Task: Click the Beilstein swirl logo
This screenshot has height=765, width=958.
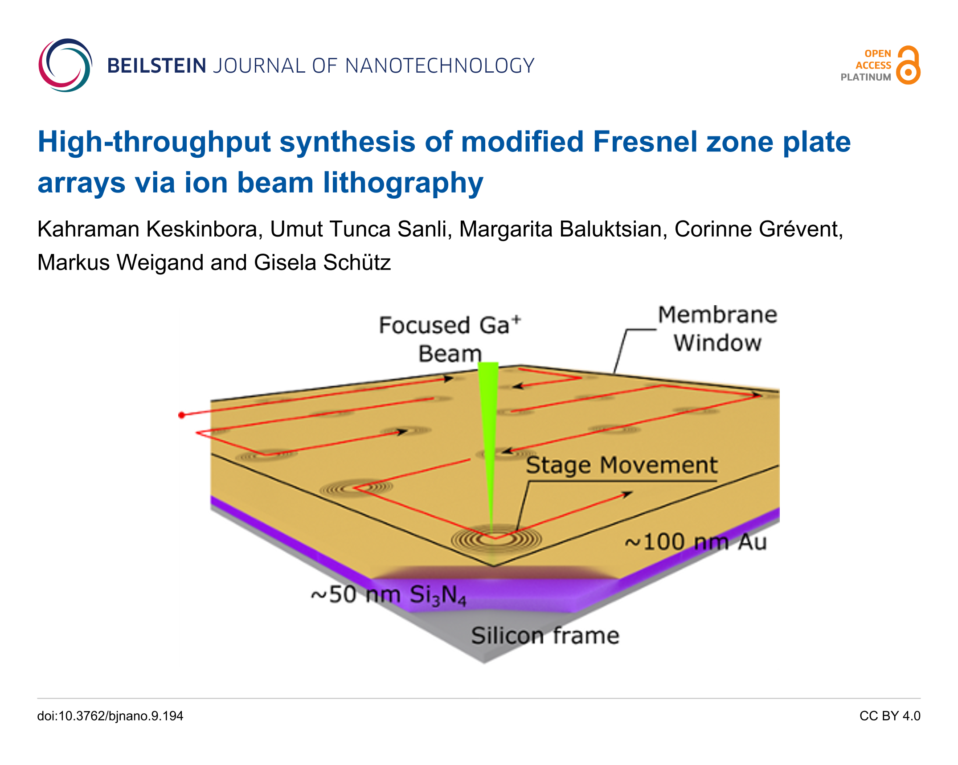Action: pyautogui.click(x=65, y=65)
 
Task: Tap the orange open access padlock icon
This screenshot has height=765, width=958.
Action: pyautogui.click(x=908, y=65)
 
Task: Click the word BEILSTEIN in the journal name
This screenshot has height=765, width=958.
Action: pyautogui.click(x=156, y=66)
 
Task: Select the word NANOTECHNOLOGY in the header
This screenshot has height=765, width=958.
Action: pyautogui.click(x=440, y=66)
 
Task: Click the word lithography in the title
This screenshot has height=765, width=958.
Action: pyautogui.click(x=403, y=183)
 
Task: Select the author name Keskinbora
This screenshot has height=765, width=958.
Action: pyautogui.click(x=201, y=229)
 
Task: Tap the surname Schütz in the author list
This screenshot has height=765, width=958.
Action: pyautogui.click(x=356, y=262)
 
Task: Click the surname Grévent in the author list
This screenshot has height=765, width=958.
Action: pyautogui.click(x=800, y=229)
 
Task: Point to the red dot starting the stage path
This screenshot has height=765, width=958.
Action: pyautogui.click(x=181, y=415)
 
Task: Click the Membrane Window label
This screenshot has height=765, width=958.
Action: pyautogui.click(x=717, y=329)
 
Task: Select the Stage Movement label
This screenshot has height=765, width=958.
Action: pyautogui.click(x=622, y=465)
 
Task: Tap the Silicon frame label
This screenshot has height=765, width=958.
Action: pyautogui.click(x=545, y=635)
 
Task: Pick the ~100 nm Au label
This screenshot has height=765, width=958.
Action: pyautogui.click(x=695, y=542)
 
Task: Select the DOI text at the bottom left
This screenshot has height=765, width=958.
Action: pyautogui.click(x=110, y=716)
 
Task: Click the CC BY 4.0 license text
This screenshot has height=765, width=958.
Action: pyautogui.click(x=890, y=716)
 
